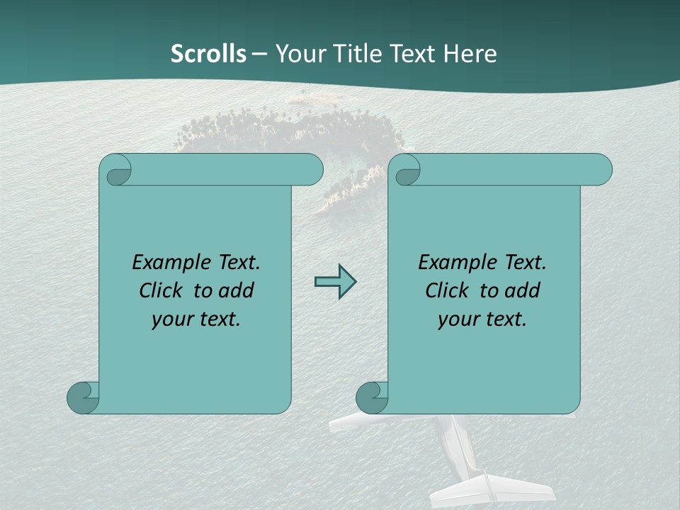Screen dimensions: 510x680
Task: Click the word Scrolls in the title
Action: tap(208, 54)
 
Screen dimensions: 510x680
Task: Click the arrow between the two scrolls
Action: tap(335, 282)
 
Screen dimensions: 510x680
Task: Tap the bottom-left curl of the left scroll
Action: tap(83, 397)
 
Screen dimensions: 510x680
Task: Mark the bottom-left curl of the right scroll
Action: tap(372, 397)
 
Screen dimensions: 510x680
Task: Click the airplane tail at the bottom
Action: tap(489, 489)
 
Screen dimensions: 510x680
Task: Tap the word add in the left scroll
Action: tap(237, 290)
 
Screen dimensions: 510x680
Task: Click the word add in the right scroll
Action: tap(523, 290)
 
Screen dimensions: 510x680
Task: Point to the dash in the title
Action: tap(259, 54)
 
